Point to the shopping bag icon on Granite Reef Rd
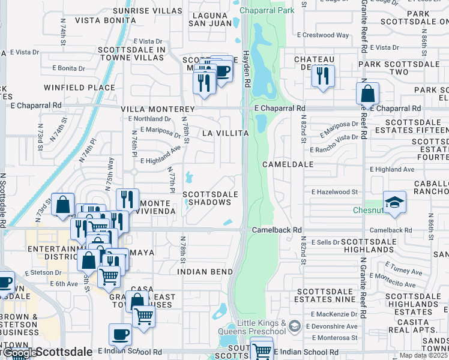[367, 94]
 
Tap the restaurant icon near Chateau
[323, 76]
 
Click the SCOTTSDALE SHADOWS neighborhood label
[207, 199]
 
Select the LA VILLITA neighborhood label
[225, 133]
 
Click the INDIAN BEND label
[205, 271]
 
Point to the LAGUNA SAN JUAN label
[210, 19]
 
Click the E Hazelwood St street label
[334, 192]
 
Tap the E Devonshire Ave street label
[334, 326]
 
